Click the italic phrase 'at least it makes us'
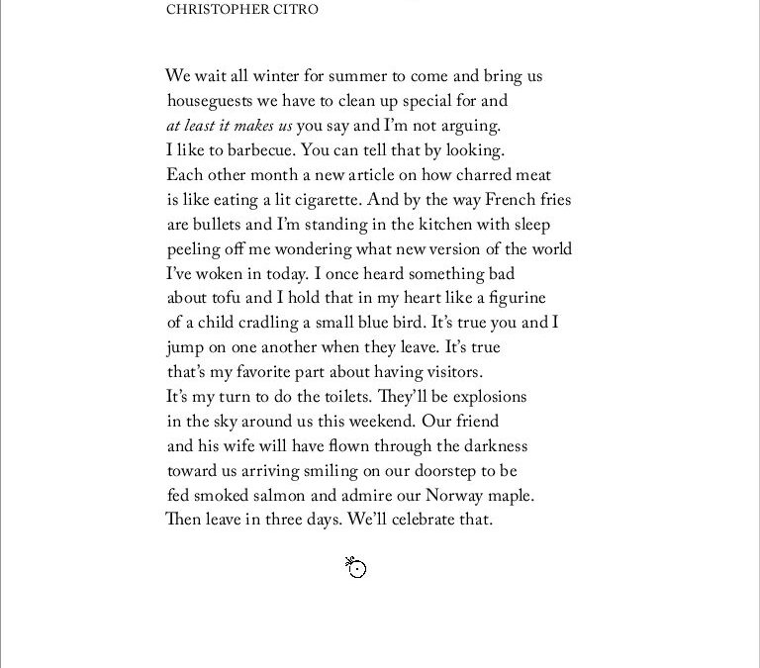pos(230,126)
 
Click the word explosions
pos(489,397)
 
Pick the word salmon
pos(278,496)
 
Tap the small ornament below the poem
pos(356,567)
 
